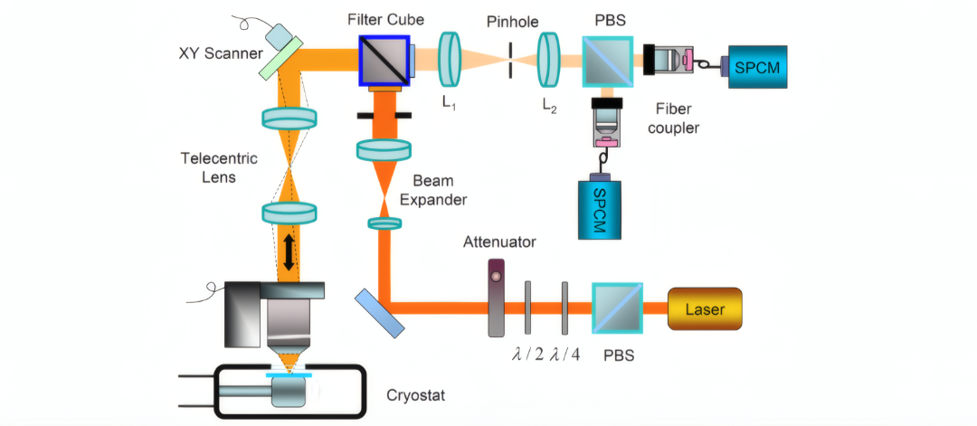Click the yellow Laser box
click(705, 308)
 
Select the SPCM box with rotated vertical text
click(600, 209)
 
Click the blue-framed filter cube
click(384, 60)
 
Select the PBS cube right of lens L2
click(608, 61)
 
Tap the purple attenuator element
click(496, 298)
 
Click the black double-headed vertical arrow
click(289, 252)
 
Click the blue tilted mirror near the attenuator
click(380, 313)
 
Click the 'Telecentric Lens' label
click(219, 168)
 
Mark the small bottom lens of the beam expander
click(384, 223)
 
